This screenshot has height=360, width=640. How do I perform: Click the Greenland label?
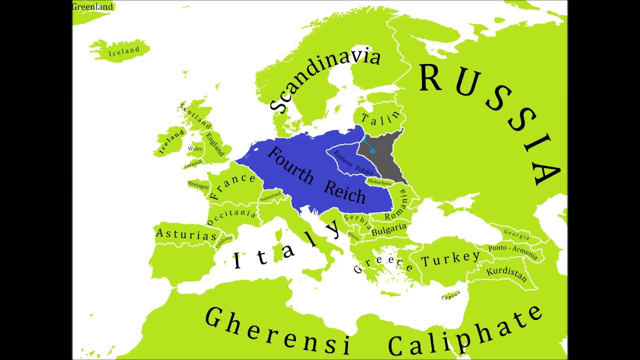coord(92,7)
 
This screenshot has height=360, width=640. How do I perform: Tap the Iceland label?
coord(124,51)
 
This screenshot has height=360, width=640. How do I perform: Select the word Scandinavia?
coord(325,80)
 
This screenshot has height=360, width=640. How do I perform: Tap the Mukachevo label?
coord(379,183)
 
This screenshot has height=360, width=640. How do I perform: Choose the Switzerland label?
coord(270,196)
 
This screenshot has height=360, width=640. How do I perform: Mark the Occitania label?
coord(231,216)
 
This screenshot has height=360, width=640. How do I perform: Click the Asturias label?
coord(186,234)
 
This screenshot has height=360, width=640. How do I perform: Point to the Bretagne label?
coord(198,185)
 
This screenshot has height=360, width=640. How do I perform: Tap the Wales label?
coord(195,149)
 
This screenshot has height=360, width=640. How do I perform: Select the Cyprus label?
coord(450,297)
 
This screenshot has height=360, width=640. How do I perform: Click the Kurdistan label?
coord(506,273)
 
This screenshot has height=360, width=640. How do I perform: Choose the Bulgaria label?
coord(389,229)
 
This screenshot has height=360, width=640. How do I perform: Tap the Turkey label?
coord(450,258)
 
